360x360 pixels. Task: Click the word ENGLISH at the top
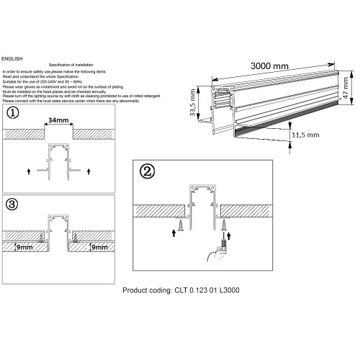point(13,57)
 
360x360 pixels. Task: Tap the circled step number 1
point(11,114)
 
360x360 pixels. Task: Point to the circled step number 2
point(146,173)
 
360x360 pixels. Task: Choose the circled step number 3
point(11,204)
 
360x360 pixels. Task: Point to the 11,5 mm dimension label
point(305,135)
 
